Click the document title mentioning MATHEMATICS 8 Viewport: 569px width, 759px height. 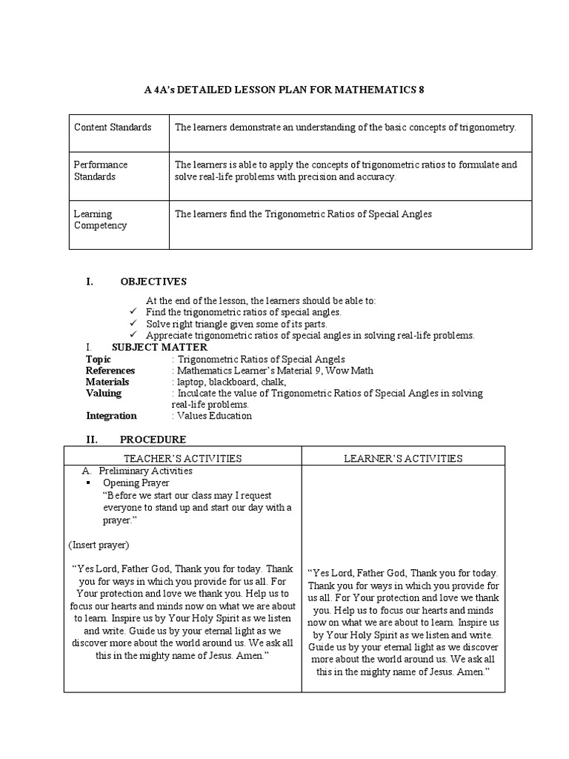(285, 90)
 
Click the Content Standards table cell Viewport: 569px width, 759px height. (113, 127)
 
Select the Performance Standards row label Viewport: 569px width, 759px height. (101, 170)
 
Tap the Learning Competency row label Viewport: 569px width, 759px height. (100, 219)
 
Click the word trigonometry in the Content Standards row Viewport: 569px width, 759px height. (488, 127)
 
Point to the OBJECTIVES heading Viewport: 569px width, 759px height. (153, 282)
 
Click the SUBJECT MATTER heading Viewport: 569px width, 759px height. (159, 348)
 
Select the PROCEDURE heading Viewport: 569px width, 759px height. (153, 440)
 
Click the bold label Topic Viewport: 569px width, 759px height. (99, 359)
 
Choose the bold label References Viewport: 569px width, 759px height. (110, 371)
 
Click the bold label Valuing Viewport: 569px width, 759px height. (104, 394)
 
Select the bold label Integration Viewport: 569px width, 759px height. (111, 416)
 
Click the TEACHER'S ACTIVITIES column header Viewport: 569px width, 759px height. (182, 458)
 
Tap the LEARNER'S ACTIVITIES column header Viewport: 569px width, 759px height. (403, 458)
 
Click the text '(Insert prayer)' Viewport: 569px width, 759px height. (100, 546)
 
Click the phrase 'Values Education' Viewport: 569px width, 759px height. (214, 416)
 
